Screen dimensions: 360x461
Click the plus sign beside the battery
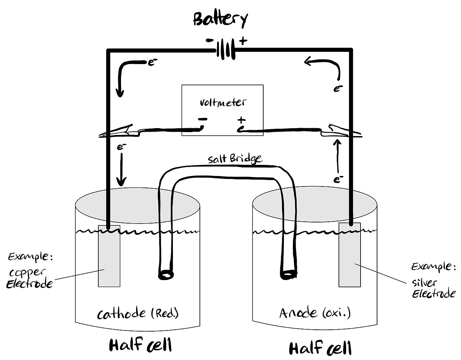coord(243,41)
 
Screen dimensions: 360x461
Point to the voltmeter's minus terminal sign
coord(202,120)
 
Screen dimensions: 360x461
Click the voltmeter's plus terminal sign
coord(241,120)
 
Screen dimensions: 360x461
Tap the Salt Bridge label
coord(234,159)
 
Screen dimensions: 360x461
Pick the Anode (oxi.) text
coord(315,313)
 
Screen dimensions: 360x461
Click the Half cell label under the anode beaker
coord(320,348)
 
